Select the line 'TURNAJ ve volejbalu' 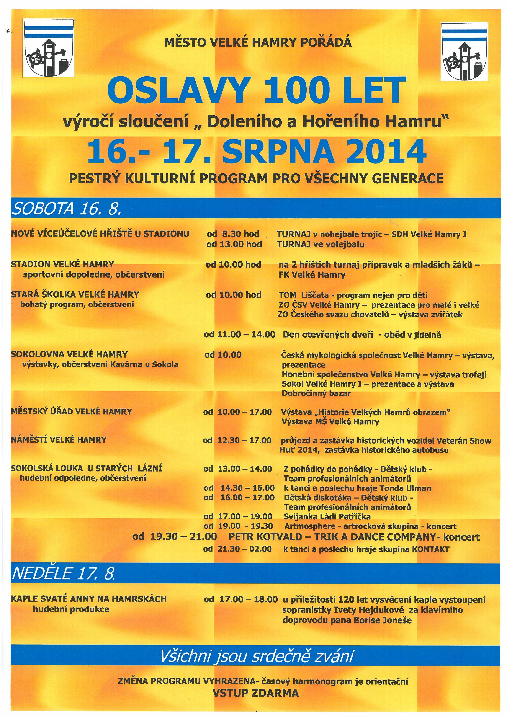click(321, 244)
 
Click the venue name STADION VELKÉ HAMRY click(62, 265)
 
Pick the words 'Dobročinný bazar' click(316, 394)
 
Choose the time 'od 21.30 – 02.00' click(237, 549)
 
